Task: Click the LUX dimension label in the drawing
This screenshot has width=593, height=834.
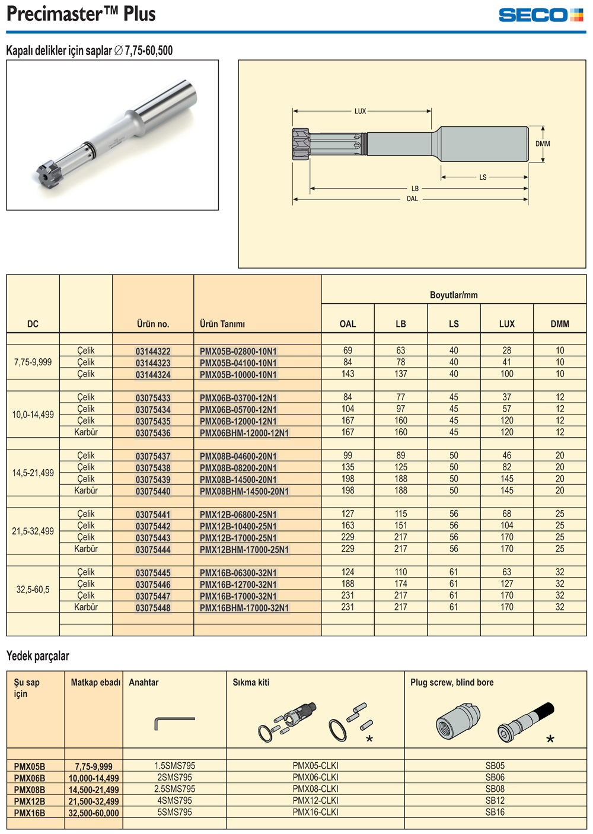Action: point(360,111)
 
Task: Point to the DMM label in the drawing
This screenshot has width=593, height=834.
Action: point(543,144)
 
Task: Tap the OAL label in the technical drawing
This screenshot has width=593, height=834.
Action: point(412,199)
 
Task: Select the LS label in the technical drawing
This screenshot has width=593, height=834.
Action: point(483,177)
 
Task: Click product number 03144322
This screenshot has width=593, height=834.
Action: point(153,351)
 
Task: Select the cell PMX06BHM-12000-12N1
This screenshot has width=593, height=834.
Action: point(244,433)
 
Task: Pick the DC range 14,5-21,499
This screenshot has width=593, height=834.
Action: point(33,473)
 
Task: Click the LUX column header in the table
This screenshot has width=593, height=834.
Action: point(506,324)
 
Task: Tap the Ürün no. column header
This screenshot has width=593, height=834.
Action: point(153,324)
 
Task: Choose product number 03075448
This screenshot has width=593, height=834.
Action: point(153,608)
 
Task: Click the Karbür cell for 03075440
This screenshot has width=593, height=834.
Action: point(86,491)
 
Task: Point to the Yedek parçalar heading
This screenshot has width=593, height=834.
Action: point(38,656)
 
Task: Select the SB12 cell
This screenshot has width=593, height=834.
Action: point(495,801)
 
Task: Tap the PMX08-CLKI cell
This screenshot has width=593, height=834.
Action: point(315,789)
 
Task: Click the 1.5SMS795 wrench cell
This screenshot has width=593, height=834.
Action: point(175,766)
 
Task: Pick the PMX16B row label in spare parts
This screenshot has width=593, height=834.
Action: point(30,813)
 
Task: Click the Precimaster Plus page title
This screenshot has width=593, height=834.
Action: point(81,14)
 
